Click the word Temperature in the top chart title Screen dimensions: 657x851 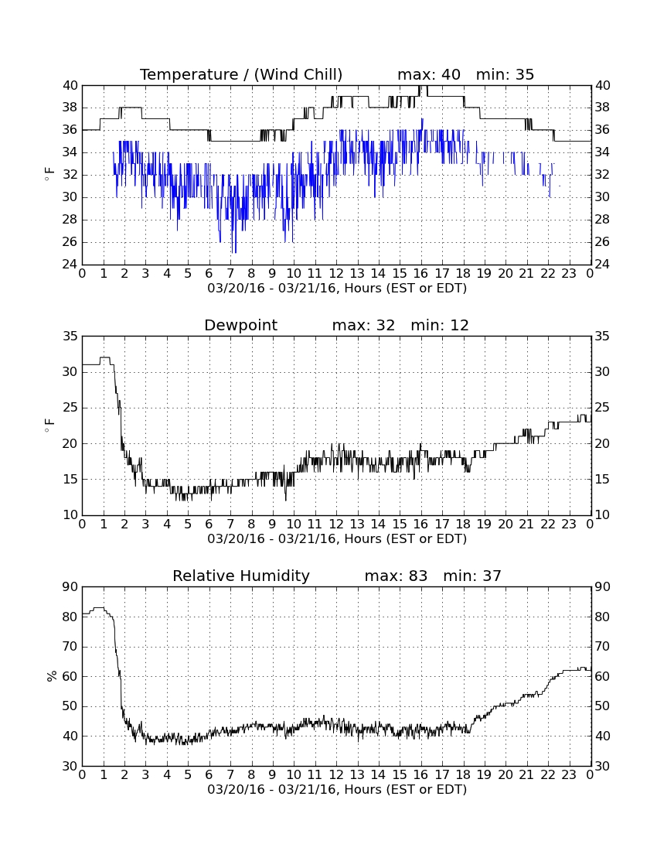point(189,74)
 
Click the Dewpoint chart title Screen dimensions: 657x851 point(240,325)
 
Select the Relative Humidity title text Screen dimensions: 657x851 point(241,576)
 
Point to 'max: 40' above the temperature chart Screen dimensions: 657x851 point(429,74)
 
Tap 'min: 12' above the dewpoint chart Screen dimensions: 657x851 point(440,325)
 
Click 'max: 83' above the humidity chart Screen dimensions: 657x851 point(397,576)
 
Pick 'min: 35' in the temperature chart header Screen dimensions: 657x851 point(506,74)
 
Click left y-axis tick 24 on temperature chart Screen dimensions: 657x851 point(70,265)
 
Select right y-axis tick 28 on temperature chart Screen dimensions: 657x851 point(602,219)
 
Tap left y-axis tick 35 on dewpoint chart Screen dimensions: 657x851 point(70,336)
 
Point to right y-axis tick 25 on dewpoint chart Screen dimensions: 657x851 point(602,408)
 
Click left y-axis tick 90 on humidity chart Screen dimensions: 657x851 point(70,586)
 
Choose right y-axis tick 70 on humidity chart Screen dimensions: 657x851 point(602,647)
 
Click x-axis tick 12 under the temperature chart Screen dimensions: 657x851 point(336,274)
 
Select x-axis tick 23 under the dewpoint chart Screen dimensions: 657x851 point(569,525)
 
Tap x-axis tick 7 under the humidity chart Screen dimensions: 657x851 point(230,775)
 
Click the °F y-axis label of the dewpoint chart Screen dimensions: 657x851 point(49,425)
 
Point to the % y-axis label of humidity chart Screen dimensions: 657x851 point(52,675)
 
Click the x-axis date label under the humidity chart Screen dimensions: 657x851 point(337,789)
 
